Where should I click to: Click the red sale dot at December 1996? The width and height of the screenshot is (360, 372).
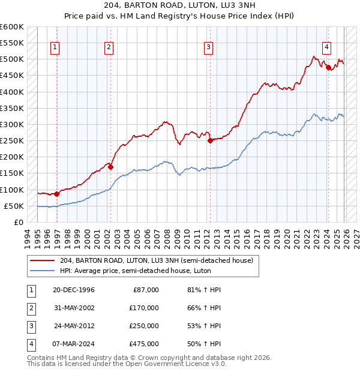pos(56,194)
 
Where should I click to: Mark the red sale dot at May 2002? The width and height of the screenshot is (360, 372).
pos(111,167)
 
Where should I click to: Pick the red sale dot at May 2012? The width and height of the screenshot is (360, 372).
pos(210,141)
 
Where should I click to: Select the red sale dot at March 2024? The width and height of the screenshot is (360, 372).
pos(328,68)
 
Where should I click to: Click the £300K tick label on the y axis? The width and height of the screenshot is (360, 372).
pos(12,124)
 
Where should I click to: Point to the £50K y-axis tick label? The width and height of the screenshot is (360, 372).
pos(14,206)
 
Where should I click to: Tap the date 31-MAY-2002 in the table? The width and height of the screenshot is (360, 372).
pos(73,308)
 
